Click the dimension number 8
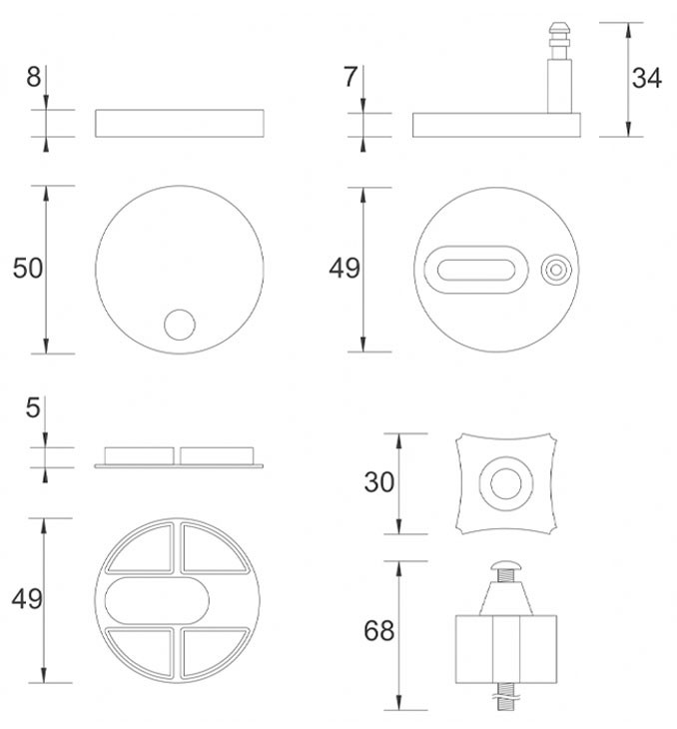(34, 77)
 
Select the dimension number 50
(27, 269)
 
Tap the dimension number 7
(350, 77)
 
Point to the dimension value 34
(646, 78)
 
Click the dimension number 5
(33, 407)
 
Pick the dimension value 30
(379, 482)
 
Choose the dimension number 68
(379, 631)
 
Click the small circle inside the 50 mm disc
(180, 325)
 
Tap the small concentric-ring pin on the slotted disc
(556, 270)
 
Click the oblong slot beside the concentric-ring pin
(476, 270)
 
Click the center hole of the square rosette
(506, 483)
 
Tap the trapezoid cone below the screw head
(506, 599)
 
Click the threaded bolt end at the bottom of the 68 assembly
(506, 697)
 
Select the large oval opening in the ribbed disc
(157, 601)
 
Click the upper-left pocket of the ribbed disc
(141, 548)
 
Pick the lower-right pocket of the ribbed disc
(214, 653)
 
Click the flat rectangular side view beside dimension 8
(180, 123)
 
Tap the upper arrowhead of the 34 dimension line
(628, 30)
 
